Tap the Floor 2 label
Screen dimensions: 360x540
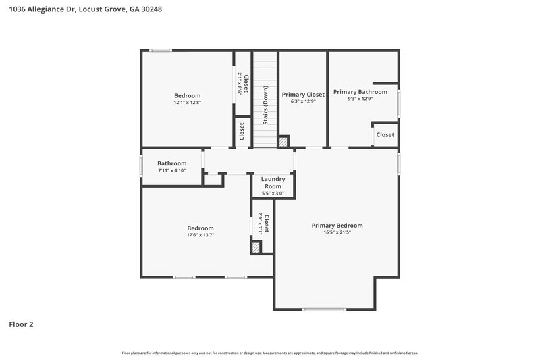coord(21,324)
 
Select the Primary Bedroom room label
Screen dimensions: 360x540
coord(337,226)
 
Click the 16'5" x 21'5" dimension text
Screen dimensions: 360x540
coord(337,232)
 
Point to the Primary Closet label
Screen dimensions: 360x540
coord(303,95)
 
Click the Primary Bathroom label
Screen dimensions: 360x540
coord(360,92)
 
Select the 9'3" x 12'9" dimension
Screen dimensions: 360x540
coord(360,99)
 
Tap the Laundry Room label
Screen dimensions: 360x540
coord(273,183)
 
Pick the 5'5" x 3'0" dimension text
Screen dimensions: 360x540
coord(273,193)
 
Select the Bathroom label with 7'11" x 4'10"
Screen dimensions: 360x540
coord(171,163)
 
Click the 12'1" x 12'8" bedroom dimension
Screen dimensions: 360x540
coord(187,103)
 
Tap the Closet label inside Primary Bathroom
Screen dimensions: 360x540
coord(385,135)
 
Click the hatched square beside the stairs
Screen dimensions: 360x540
coord(283,142)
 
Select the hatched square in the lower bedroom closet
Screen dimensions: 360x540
coord(256,248)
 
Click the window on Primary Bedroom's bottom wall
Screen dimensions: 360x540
coord(324,309)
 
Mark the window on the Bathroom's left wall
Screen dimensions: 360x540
coord(141,166)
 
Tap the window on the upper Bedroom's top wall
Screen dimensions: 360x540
coord(160,50)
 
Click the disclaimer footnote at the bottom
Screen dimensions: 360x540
coord(269,353)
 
